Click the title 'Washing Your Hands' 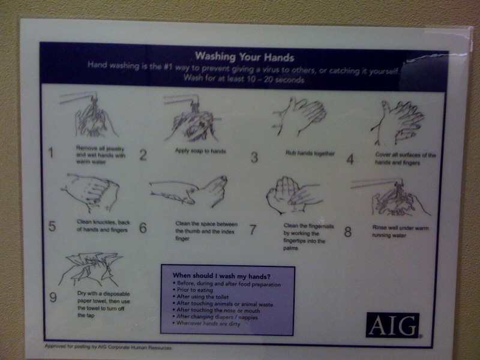244,58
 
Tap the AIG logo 392,325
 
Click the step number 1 51,154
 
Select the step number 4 350,159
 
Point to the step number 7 253,229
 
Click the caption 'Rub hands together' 310,153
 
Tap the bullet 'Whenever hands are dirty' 208,323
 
